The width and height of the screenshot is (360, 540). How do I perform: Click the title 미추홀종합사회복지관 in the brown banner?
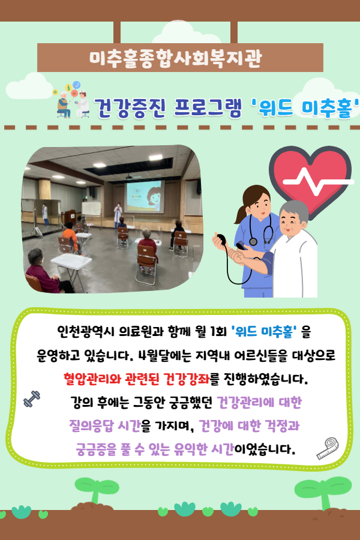tap(175, 58)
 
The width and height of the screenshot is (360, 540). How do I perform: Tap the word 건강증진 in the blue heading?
tap(130, 108)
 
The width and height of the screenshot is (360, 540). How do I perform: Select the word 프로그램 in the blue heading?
tap(208, 108)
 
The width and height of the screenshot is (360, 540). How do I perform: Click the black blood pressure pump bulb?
tap(220, 239)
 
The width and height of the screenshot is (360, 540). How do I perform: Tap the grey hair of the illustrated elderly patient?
tap(294, 210)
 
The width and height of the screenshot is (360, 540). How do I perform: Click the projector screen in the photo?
tap(144, 196)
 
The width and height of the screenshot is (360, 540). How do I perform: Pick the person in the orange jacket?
tap(70, 236)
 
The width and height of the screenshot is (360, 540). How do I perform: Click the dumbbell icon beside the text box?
tap(32, 399)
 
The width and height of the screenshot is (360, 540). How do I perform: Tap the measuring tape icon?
tap(328, 448)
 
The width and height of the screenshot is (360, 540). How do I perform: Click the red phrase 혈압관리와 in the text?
tap(92, 379)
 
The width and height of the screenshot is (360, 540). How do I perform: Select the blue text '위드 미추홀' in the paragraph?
tap(264, 331)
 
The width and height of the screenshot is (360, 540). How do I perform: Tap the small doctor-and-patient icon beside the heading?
tap(71, 100)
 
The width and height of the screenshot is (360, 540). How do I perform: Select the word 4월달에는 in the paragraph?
tap(164, 355)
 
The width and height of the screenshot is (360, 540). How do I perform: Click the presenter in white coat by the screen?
tap(118, 215)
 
